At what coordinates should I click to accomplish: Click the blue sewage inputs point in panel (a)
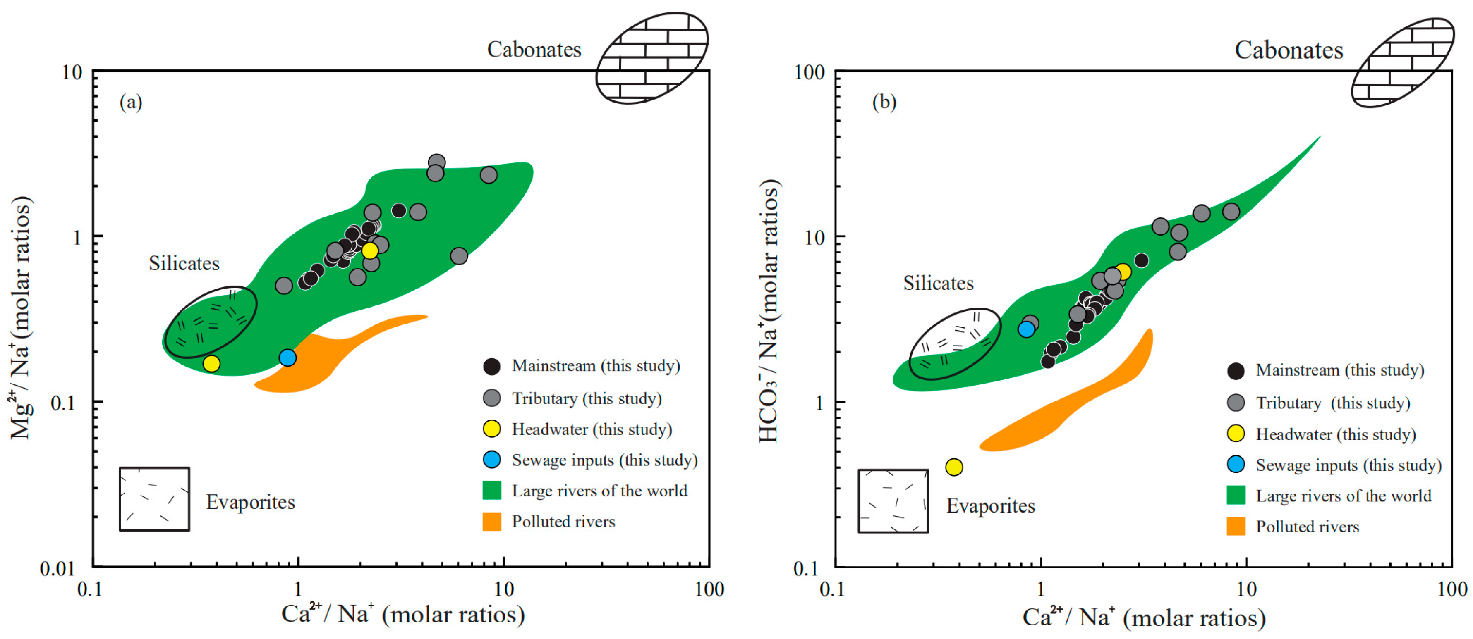(x=287, y=358)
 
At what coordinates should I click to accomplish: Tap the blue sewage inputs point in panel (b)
(x=1026, y=329)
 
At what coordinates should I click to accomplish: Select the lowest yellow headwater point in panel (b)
(x=954, y=467)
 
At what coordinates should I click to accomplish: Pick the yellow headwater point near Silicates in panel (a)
(x=211, y=363)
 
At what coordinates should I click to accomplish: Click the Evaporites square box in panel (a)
(x=154, y=499)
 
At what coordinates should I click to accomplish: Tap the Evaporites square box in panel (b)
(x=893, y=501)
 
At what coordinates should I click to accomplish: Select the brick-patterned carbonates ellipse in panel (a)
(x=652, y=58)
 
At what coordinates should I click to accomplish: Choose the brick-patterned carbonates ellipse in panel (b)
(x=1402, y=62)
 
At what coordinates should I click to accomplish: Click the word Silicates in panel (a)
(x=184, y=263)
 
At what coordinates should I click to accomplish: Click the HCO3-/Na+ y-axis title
(x=769, y=312)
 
